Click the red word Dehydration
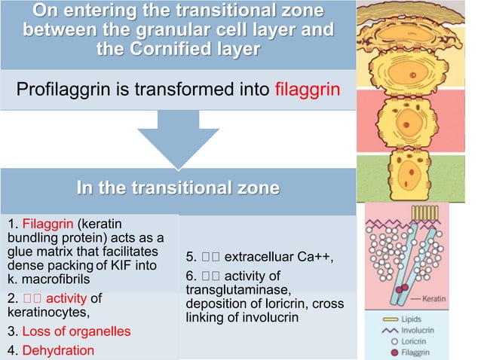click(x=59, y=350)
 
